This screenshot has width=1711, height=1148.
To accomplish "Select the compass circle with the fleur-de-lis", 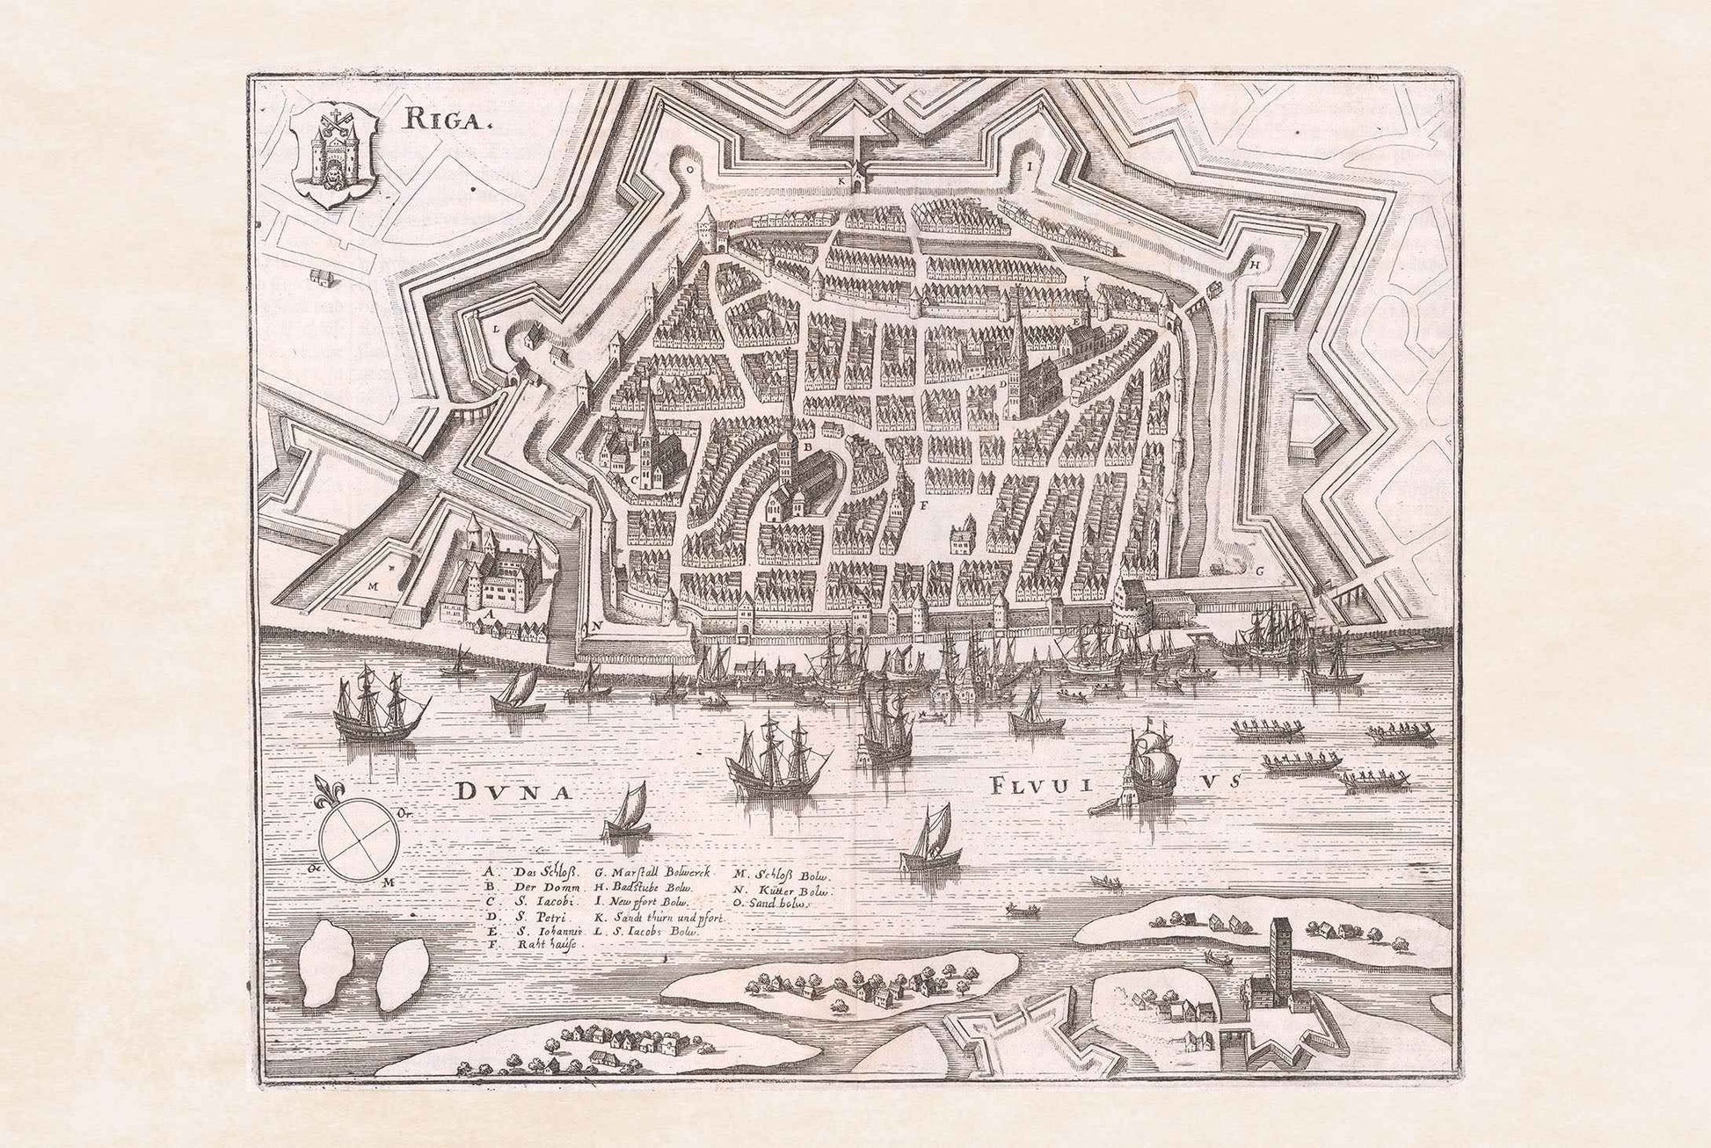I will click(x=357, y=836).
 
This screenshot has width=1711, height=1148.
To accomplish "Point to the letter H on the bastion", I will click(x=1255, y=263).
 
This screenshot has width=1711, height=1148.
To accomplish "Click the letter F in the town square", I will click(x=923, y=506).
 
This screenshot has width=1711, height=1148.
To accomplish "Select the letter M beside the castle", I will click(x=373, y=583).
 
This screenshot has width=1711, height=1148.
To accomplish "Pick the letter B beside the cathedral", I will click(x=804, y=446).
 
